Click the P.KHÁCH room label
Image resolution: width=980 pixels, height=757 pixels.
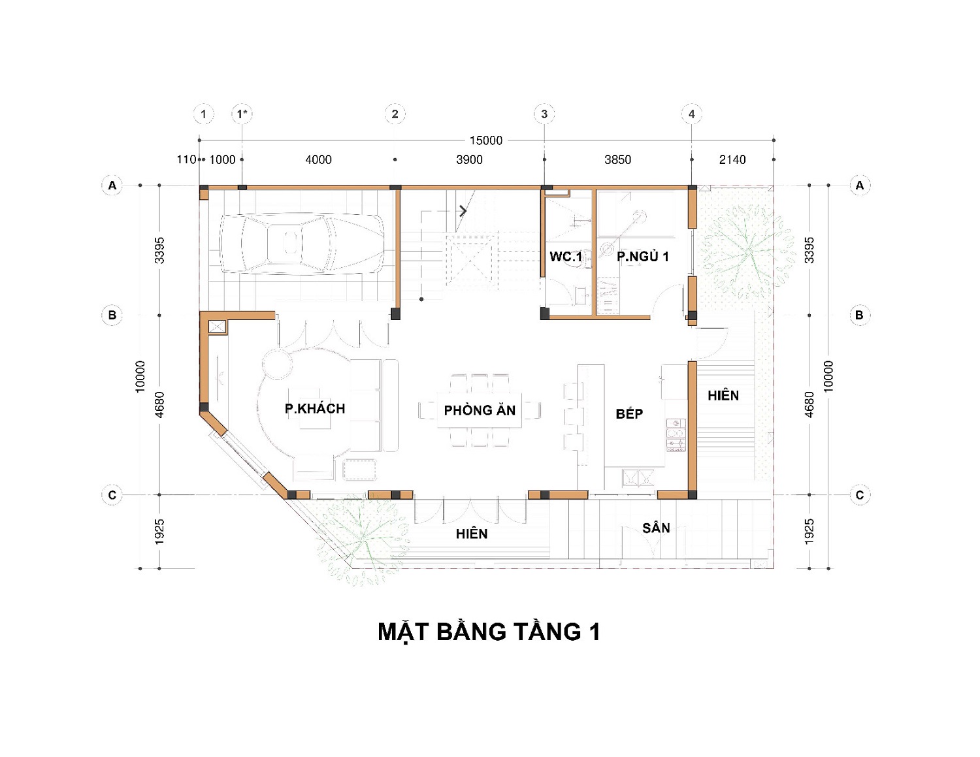[315, 408]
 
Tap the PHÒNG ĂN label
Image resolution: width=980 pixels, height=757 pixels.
[480, 410]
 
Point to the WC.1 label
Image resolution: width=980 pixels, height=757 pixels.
[566, 257]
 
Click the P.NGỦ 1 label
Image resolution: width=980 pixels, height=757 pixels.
[643, 257]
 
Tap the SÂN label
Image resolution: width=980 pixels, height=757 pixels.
[656, 527]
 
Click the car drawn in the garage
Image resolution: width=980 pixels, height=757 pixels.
[301, 244]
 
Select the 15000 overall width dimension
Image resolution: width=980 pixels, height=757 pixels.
[485, 140]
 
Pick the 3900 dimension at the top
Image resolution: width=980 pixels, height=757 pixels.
[469, 159]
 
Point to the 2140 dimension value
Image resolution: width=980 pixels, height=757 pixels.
[732, 159]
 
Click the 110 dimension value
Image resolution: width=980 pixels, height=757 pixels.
[186, 159]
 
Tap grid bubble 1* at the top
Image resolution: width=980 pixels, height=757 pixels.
[242, 114]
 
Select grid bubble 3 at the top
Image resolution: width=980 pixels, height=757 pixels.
[544, 114]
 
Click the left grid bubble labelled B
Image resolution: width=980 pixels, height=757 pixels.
[112, 315]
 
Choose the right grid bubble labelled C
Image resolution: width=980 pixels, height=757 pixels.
[860, 495]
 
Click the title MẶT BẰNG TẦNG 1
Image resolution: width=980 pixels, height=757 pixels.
[489, 632]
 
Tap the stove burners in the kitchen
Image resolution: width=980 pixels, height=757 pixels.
[676, 435]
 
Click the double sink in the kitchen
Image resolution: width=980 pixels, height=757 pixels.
[638, 478]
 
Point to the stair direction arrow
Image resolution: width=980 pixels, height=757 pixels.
[463, 210]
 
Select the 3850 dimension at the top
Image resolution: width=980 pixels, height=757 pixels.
[617, 159]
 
